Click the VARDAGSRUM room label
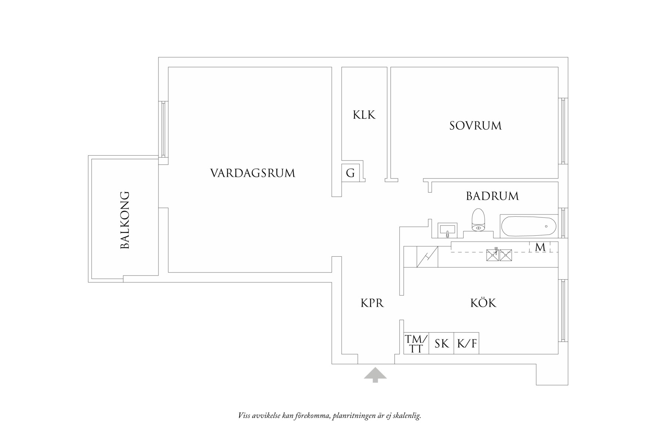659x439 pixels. pyautogui.click(x=252, y=173)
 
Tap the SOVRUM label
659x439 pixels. pyautogui.click(x=475, y=126)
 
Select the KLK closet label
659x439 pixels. pyautogui.click(x=364, y=115)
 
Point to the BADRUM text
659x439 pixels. pyautogui.click(x=492, y=196)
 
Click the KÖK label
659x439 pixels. pyautogui.click(x=483, y=303)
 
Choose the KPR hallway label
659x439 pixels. pyautogui.click(x=372, y=303)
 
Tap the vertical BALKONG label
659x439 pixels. pyautogui.click(x=125, y=220)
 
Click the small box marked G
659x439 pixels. pyautogui.click(x=350, y=173)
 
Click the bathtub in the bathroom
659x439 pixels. pyautogui.click(x=528, y=226)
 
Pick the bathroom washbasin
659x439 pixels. pyautogui.click(x=448, y=230)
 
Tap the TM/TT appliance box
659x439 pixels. pyautogui.click(x=416, y=344)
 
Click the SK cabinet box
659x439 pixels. pyautogui.click(x=441, y=344)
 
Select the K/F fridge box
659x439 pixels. pyautogui.click(x=466, y=344)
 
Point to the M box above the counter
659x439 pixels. pyautogui.click(x=540, y=247)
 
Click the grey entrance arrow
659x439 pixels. pyautogui.click(x=375, y=375)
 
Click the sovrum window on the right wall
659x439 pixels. pyautogui.click(x=563, y=131)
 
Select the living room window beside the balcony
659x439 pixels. pyautogui.click(x=163, y=129)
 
